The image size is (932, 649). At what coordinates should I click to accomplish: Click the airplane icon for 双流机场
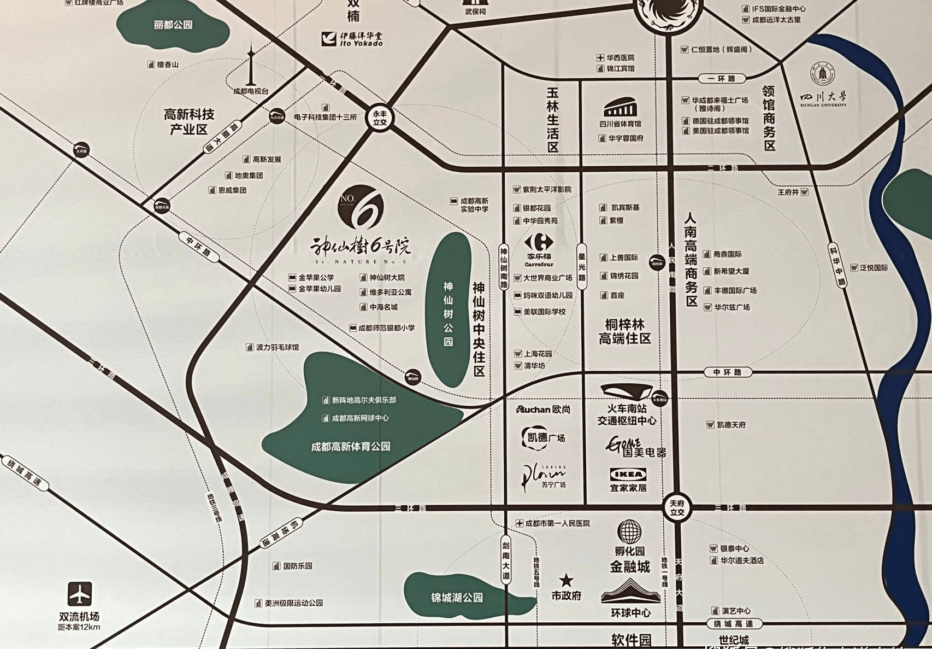coord(80,594)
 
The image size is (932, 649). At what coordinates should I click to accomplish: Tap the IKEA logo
coord(628,474)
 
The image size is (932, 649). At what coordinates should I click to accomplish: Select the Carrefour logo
coord(539,242)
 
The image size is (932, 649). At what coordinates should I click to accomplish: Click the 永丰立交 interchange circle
coord(380,118)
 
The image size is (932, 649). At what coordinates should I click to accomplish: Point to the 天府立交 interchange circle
coord(677,508)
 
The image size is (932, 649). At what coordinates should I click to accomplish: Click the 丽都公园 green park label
coord(173,25)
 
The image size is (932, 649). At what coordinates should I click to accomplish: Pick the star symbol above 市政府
coord(566,580)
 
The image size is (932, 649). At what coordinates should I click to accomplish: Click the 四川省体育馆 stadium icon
coord(620,107)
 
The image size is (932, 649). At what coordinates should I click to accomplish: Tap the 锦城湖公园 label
coord(457,598)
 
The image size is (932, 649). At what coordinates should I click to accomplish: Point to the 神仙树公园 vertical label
coord(448,314)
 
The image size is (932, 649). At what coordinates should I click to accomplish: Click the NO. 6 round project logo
coord(361,207)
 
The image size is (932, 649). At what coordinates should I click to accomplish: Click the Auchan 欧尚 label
coord(543,410)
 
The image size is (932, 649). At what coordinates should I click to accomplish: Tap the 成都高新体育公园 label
coord(351,447)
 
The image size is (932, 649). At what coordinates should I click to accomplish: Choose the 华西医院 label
coord(620,57)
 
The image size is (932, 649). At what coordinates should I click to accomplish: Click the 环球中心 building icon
coord(630,592)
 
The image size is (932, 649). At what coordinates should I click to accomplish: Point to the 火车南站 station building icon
coord(626,391)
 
